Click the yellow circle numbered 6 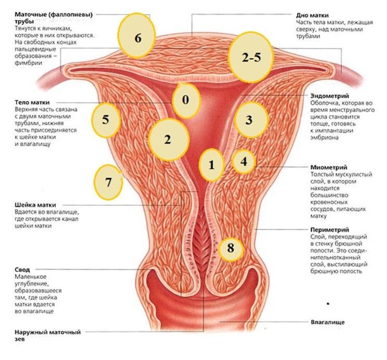(x=137, y=35)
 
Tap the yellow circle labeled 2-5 (x=251, y=57)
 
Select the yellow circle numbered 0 (x=186, y=100)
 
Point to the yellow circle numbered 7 (x=108, y=182)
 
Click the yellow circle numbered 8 (x=231, y=248)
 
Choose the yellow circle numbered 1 (x=211, y=165)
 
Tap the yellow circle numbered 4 (x=244, y=162)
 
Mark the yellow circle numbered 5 (x=106, y=120)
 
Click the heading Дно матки (x=312, y=15)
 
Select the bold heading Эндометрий (x=329, y=96)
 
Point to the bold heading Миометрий (x=329, y=167)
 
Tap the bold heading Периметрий (x=330, y=230)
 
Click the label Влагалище (x=327, y=322)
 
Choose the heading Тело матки (x=32, y=102)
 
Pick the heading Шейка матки (x=35, y=205)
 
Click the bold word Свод (x=22, y=270)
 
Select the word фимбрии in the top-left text (x=29, y=63)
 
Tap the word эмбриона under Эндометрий (x=324, y=137)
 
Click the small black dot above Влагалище (x=328, y=303)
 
